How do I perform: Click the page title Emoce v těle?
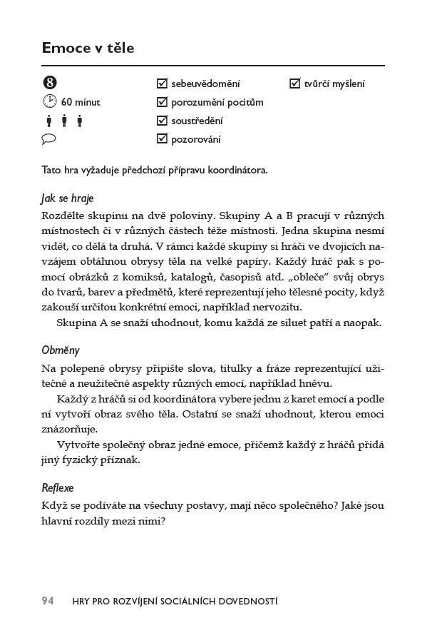pyautogui.click(x=88, y=48)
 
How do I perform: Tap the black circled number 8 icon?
pyautogui.click(x=48, y=83)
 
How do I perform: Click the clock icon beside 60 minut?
pyautogui.click(x=48, y=101)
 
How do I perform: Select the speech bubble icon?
pyautogui.click(x=48, y=139)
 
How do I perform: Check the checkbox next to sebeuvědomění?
pyautogui.click(x=162, y=83)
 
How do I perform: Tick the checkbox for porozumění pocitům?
pyautogui.click(x=162, y=102)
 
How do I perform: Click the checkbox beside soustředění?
pyautogui.click(x=162, y=121)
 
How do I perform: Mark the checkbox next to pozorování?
pyautogui.click(x=162, y=139)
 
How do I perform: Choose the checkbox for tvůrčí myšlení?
pyautogui.click(x=294, y=83)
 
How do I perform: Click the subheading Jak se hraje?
pyautogui.click(x=67, y=198)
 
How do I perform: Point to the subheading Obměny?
pyautogui.click(x=61, y=350)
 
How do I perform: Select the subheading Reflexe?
pyautogui.click(x=58, y=488)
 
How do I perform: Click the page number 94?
pyautogui.click(x=48, y=601)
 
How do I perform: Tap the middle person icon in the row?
pyautogui.click(x=64, y=121)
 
